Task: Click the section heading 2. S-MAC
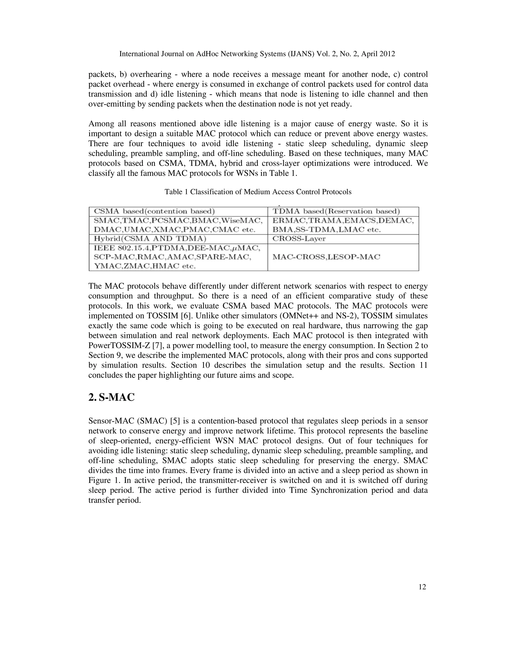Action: [111, 397]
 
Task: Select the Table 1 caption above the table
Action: [258, 192]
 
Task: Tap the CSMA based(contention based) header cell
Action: [154, 212]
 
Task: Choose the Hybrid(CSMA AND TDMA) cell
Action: [150, 239]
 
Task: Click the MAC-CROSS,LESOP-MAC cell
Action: [326, 257]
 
